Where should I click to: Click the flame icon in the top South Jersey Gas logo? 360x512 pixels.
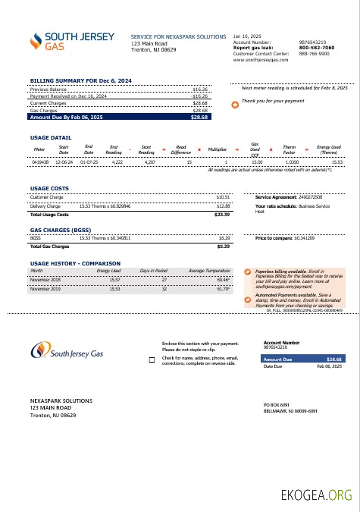[x=36, y=41]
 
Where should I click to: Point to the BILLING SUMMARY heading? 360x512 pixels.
[x=80, y=80]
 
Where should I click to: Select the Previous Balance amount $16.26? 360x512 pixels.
[x=200, y=90]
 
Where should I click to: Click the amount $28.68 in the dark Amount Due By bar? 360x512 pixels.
[x=199, y=118]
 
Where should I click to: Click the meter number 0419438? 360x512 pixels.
[x=40, y=162]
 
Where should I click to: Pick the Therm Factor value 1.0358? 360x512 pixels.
[x=291, y=162]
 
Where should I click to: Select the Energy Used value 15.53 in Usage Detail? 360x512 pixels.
[x=337, y=162]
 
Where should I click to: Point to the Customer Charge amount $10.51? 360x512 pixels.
[x=223, y=197]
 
